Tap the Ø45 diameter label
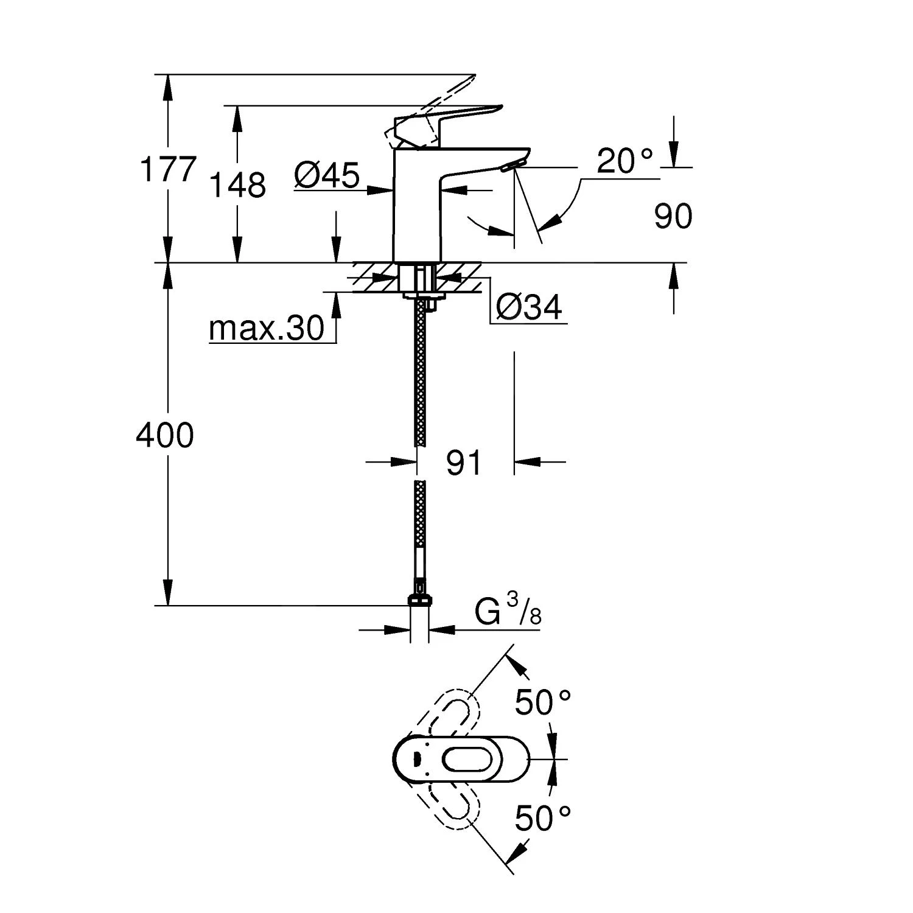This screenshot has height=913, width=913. [x=327, y=176]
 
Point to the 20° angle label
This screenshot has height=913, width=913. [x=624, y=161]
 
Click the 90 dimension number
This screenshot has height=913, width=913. [x=673, y=217]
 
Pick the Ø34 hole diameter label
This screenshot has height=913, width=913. [x=528, y=307]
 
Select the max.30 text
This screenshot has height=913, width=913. [x=267, y=329]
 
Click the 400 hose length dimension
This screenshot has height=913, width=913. [x=165, y=436]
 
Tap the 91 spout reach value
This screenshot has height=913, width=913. [x=464, y=463]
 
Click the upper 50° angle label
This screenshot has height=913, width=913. [x=543, y=703]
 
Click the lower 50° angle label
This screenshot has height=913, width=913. [x=543, y=817]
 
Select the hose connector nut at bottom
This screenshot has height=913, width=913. [x=419, y=600]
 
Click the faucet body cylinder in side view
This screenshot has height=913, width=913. [x=417, y=207]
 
